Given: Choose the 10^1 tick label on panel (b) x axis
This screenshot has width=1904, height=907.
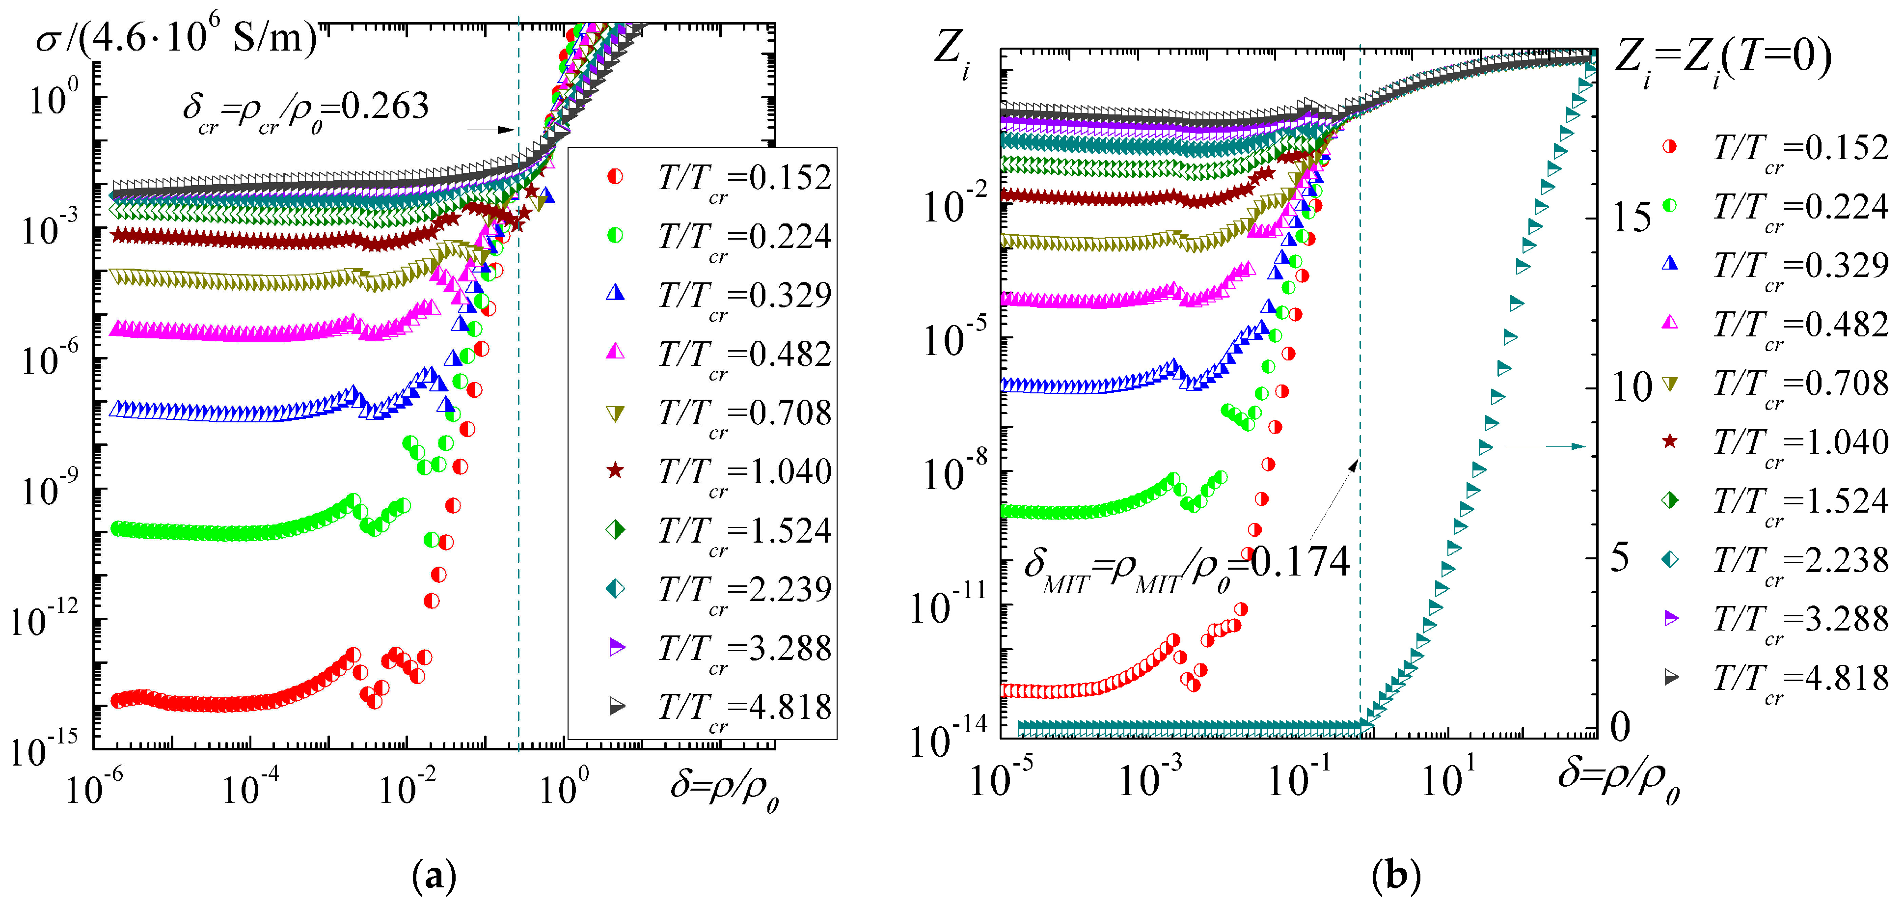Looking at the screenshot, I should click(x=1448, y=776).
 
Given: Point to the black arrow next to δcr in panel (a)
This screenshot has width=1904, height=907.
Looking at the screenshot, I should click(x=491, y=130).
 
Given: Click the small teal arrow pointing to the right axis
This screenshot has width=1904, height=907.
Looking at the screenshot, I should click(x=1566, y=446).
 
